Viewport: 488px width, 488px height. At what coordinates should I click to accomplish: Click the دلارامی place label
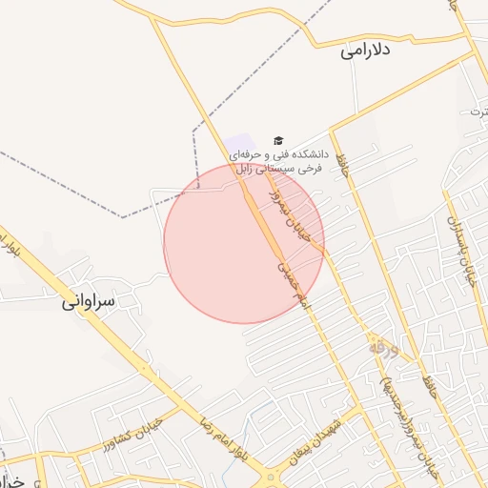[x=366, y=51]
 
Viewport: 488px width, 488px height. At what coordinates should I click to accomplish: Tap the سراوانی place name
[x=89, y=302]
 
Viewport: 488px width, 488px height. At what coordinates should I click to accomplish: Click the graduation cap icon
[x=278, y=140]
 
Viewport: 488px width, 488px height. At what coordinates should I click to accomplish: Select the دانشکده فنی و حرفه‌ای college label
[x=285, y=160]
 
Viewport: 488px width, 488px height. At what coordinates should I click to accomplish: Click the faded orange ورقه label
[x=380, y=349]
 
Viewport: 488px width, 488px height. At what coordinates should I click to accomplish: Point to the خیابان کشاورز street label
[x=131, y=435]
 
